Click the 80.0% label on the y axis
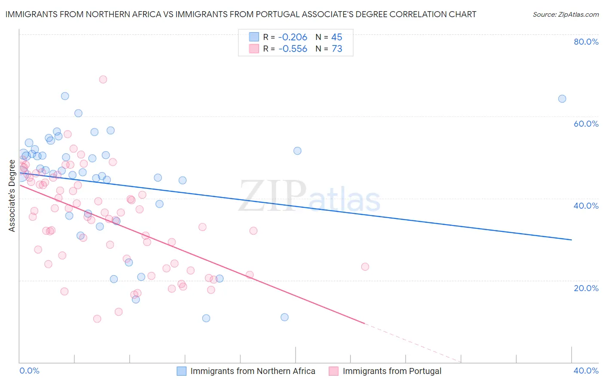click(586, 42)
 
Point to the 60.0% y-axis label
click(586, 124)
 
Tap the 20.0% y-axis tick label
click(586, 288)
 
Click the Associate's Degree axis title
click(12, 196)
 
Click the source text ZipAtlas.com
click(565, 15)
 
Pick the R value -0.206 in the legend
click(293, 37)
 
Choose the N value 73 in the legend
click(337, 49)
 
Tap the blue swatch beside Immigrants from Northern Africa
click(182, 371)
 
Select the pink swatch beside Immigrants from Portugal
click(334, 371)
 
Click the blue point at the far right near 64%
click(562, 99)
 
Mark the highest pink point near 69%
click(103, 79)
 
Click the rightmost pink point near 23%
click(365, 267)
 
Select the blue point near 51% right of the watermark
click(297, 151)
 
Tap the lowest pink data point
click(97, 319)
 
